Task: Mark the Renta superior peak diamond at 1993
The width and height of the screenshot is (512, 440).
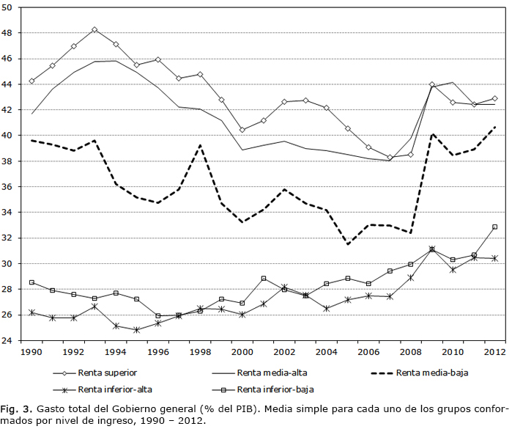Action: click(x=94, y=29)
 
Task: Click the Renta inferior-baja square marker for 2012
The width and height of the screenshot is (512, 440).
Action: click(x=494, y=227)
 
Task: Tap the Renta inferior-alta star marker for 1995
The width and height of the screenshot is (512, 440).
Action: click(x=137, y=330)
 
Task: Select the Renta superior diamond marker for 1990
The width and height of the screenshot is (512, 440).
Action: click(x=32, y=81)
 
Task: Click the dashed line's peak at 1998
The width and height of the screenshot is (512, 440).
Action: click(x=200, y=145)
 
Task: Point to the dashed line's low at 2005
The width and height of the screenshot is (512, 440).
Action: click(x=347, y=244)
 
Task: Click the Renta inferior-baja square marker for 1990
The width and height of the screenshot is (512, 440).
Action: click(x=32, y=282)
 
